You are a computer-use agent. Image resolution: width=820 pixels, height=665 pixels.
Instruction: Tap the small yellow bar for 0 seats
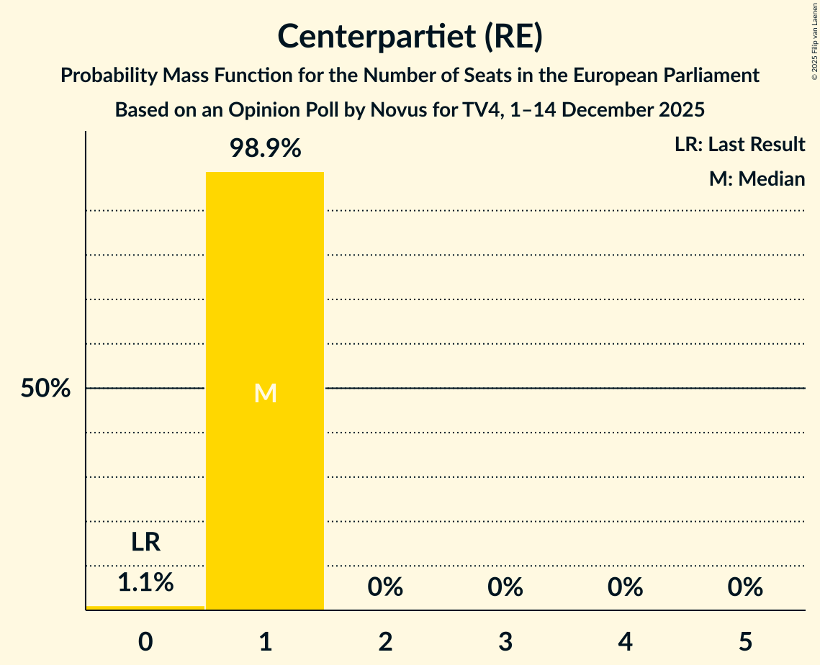(x=145, y=607)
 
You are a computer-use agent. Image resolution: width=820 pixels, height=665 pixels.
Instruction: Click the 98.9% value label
(x=265, y=148)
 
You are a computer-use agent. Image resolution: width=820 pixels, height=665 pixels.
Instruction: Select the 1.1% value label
(x=145, y=582)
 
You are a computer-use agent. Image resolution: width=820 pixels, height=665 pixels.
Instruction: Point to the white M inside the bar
(x=265, y=393)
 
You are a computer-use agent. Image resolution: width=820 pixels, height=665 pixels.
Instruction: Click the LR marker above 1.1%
(x=145, y=542)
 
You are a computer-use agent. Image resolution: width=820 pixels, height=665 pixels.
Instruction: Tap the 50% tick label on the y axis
(x=45, y=389)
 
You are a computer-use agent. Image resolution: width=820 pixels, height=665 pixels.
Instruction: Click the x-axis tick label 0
(x=145, y=641)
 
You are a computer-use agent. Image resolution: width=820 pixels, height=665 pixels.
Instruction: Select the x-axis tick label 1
(x=265, y=641)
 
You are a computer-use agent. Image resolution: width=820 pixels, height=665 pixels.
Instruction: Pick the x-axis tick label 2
(x=385, y=641)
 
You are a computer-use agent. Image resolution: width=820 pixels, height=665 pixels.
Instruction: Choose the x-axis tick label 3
(x=505, y=641)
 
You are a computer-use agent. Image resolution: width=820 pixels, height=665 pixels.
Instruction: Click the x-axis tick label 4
(x=625, y=641)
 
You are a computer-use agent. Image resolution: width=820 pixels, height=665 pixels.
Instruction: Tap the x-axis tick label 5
(x=744, y=641)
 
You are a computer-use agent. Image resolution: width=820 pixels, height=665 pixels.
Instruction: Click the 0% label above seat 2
(x=385, y=587)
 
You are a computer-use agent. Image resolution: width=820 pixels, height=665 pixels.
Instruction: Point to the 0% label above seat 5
(x=744, y=587)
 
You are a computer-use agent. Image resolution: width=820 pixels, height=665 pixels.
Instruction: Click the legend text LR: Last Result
(x=739, y=145)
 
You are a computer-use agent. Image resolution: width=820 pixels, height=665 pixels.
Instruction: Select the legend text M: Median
(x=757, y=178)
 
